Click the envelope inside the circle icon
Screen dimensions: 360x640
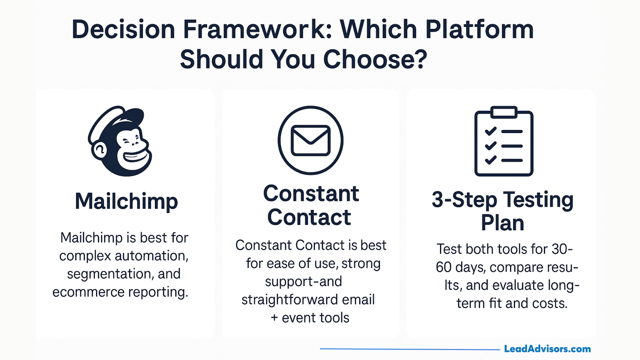coord(310,140)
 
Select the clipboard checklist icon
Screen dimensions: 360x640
coord(504,141)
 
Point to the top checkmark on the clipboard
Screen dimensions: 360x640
coord(491,131)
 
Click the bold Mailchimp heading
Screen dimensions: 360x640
coord(126,201)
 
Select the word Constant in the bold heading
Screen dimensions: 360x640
coord(311,194)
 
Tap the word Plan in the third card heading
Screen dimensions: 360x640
coord(502,223)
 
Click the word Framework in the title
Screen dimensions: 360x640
coord(257,29)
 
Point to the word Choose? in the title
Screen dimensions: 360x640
coord(375,59)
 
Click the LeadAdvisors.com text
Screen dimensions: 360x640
coord(547,349)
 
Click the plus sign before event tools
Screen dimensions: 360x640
coord(274,318)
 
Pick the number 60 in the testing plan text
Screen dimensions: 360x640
coord(443,267)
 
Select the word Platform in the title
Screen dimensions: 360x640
coord(479,29)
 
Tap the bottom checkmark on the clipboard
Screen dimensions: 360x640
coord(491,160)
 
